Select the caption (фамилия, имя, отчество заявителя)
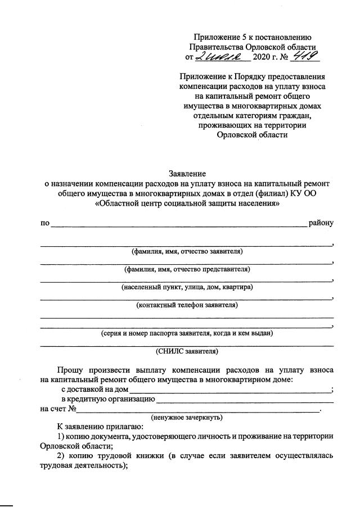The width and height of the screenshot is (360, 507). point(187,251)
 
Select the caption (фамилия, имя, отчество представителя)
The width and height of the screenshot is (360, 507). point(187,269)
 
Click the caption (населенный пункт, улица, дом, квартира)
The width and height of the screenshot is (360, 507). point(187,287)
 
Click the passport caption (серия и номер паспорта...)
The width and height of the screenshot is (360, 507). point(187,333)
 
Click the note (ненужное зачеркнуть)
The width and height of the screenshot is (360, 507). point(187,417)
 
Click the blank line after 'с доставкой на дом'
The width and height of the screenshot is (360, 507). point(231,391)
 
